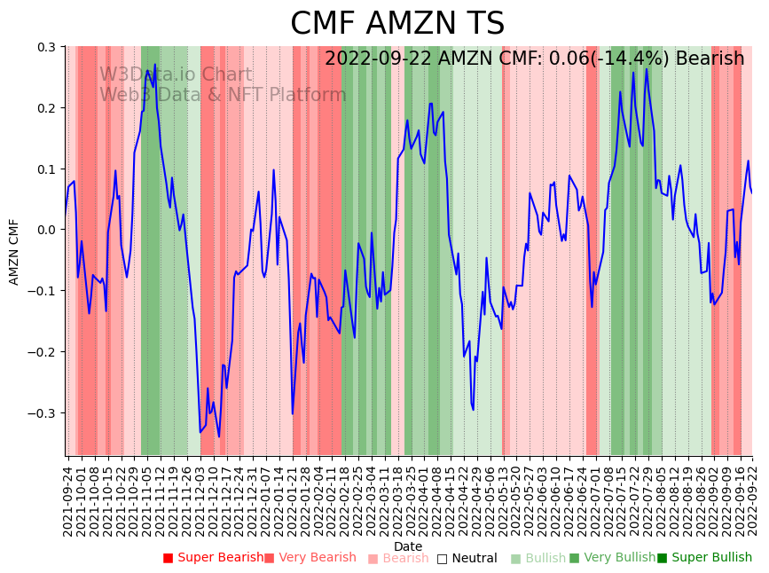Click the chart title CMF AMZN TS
pyautogui.click(x=396, y=24)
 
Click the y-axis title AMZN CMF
pyautogui.click(x=14, y=251)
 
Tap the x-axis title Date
pyautogui.click(x=408, y=546)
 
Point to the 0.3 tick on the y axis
pyautogui.click(x=47, y=47)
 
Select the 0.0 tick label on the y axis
pyautogui.click(x=47, y=230)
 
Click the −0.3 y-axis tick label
pyautogui.click(x=43, y=413)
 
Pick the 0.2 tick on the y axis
pyautogui.click(x=47, y=108)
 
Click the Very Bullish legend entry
pyautogui.click(x=612, y=558)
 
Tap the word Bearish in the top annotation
pyautogui.click(x=710, y=59)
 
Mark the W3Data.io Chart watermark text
pyautogui.click(x=176, y=75)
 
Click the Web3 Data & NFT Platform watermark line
pyautogui.click(x=223, y=95)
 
